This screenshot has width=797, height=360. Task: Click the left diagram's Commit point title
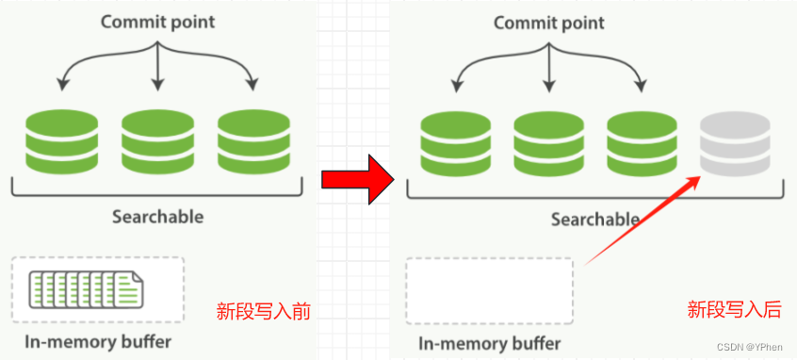pos(156,22)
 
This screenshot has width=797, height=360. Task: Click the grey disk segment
pos(735,141)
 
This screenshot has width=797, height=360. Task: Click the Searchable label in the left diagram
pos(157,216)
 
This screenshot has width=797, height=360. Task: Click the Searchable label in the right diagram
pos(594,220)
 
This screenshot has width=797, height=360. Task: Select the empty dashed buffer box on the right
pos(489,289)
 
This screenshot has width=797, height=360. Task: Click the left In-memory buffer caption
pos(99,340)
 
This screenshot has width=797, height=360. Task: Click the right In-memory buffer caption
pos(490,342)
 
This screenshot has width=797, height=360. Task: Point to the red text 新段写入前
pos(263,311)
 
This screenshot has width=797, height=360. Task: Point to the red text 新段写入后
pos(734,309)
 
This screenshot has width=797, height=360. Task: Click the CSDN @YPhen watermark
pos(750,347)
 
